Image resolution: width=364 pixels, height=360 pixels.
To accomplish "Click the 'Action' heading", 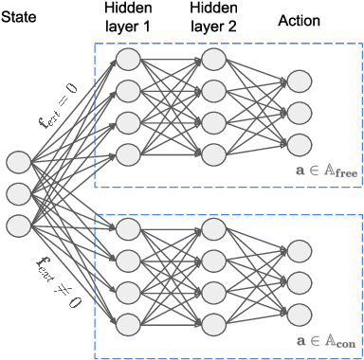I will [299, 19].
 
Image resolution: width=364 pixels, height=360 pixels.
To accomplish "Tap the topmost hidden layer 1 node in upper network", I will [128, 59].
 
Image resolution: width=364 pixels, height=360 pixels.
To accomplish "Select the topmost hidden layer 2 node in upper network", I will [214, 59].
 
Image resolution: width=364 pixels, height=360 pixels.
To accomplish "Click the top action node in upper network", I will [299, 80].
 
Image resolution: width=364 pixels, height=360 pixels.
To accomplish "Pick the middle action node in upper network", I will [299, 111].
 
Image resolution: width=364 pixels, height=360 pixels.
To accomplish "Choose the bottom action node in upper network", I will [299, 143].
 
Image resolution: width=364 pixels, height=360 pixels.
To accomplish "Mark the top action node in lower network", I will [299, 249].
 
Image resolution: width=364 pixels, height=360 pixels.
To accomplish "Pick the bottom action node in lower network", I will [299, 314].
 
